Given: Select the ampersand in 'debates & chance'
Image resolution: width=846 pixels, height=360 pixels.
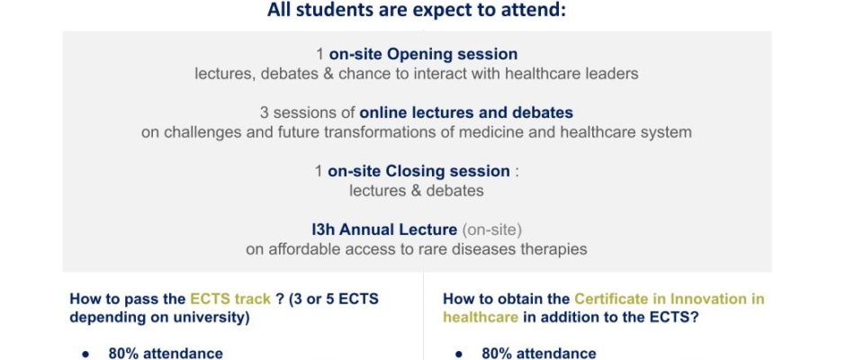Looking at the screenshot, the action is coord(328,74).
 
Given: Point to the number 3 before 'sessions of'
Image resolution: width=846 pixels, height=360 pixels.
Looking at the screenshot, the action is coord(265,112).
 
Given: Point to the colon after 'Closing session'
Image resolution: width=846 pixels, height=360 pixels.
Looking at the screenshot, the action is coord(517,173).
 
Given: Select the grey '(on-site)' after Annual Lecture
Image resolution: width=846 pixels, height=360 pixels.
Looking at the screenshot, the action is coord(491,229).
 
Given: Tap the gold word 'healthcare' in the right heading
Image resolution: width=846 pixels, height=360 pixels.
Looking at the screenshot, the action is coord(481,318).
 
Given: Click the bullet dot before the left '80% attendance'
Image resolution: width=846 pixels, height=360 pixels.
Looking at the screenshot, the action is coord(85,354).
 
